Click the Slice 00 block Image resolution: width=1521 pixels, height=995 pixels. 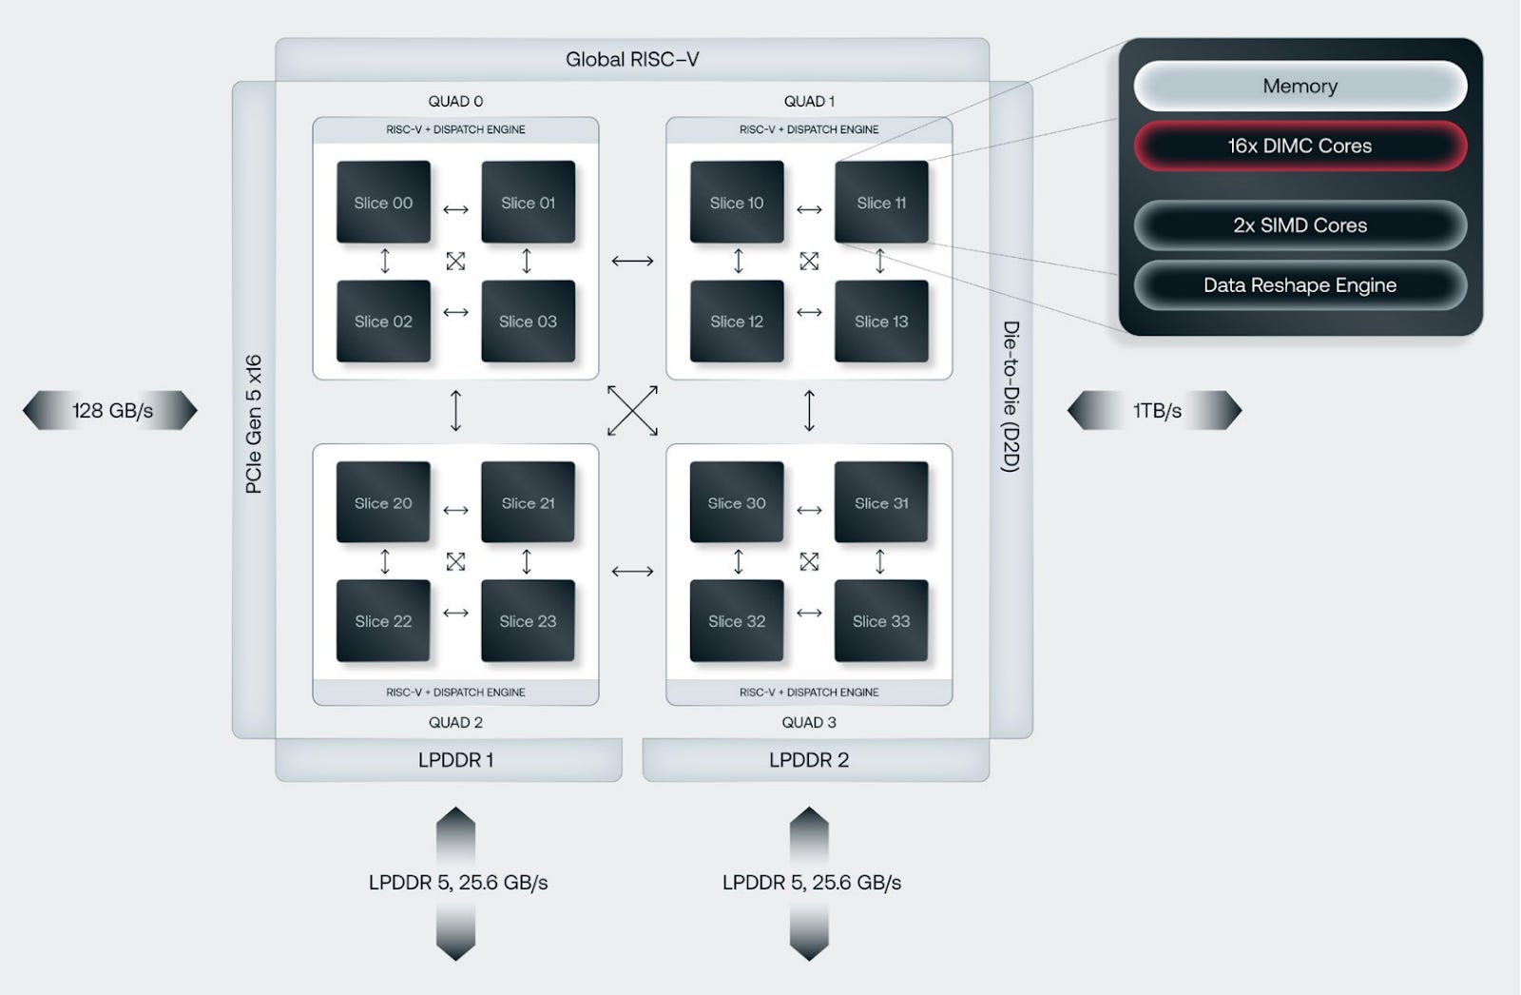383,203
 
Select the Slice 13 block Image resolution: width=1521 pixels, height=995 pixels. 881,322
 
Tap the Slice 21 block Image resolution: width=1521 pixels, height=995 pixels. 528,502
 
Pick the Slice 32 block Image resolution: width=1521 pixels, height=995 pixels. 737,621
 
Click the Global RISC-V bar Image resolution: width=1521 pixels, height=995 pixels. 632,59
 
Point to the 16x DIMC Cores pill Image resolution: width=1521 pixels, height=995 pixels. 1300,146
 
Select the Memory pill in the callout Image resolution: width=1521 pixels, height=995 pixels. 1300,86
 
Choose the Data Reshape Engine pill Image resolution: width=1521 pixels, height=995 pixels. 1300,285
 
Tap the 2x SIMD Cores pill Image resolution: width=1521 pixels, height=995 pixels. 1300,225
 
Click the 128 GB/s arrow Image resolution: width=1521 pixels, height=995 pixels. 110,410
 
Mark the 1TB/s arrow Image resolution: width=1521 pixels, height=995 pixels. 1155,410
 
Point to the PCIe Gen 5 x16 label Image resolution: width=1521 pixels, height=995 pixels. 253,423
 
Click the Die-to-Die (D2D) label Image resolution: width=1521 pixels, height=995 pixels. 1011,396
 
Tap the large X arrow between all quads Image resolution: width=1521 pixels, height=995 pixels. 632,410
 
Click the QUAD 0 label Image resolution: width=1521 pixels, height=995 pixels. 455,101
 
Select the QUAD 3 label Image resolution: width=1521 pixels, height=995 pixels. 809,722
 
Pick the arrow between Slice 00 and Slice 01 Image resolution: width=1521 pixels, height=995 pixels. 455,209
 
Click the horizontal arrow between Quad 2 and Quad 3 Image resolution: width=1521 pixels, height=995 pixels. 632,571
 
